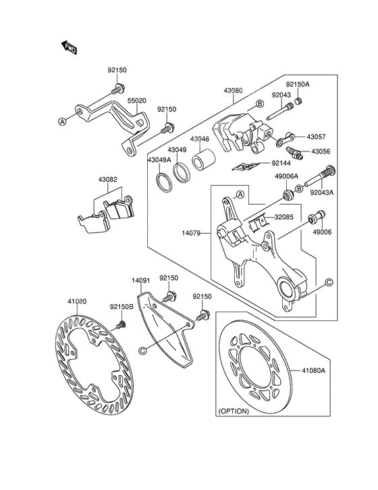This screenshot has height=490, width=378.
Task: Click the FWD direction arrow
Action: click(69, 47)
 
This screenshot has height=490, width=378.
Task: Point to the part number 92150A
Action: click(297, 85)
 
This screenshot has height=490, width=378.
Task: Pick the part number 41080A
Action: click(313, 370)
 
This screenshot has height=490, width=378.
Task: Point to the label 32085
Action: click(283, 217)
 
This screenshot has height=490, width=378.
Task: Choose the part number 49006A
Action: click(286, 176)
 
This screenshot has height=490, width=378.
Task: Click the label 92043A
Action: click(322, 192)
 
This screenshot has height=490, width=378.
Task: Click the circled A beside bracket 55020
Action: click(63, 122)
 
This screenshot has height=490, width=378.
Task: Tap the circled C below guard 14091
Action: click(142, 350)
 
